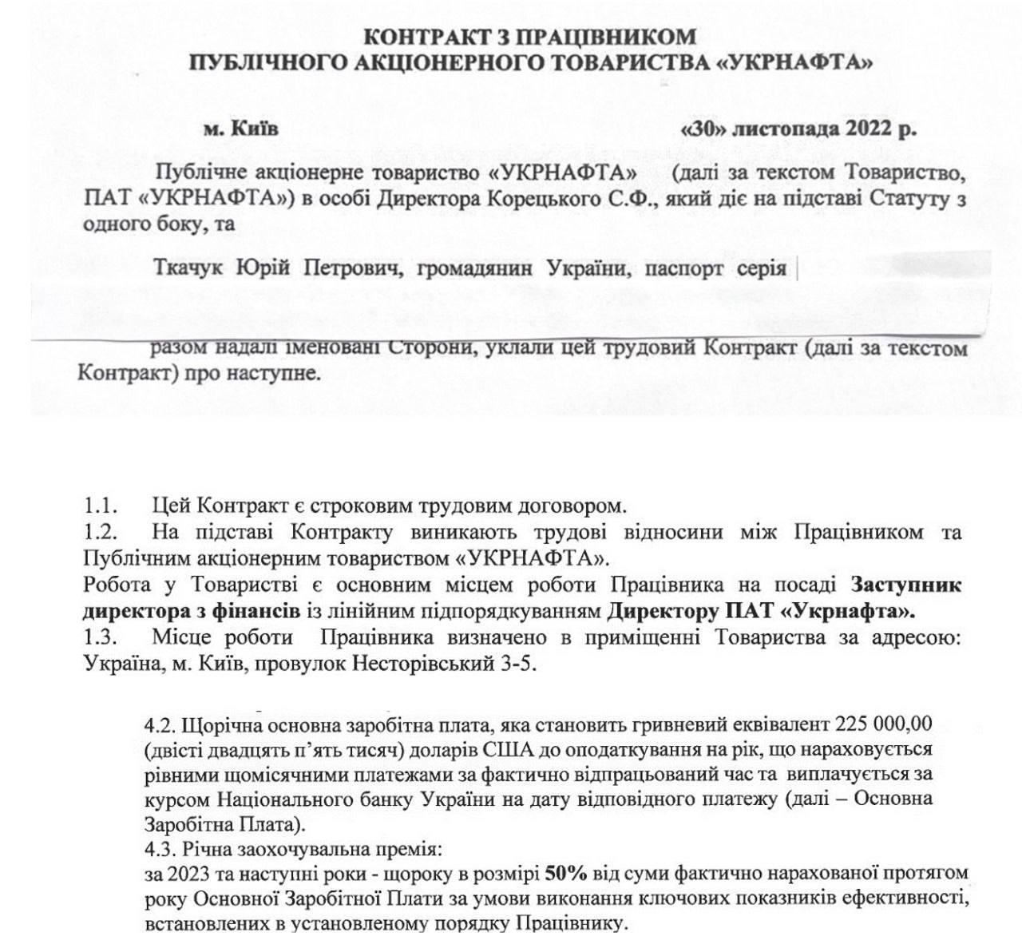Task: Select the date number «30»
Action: click(x=697, y=129)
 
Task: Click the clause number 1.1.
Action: click(x=101, y=506)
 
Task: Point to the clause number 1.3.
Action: click(x=101, y=638)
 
